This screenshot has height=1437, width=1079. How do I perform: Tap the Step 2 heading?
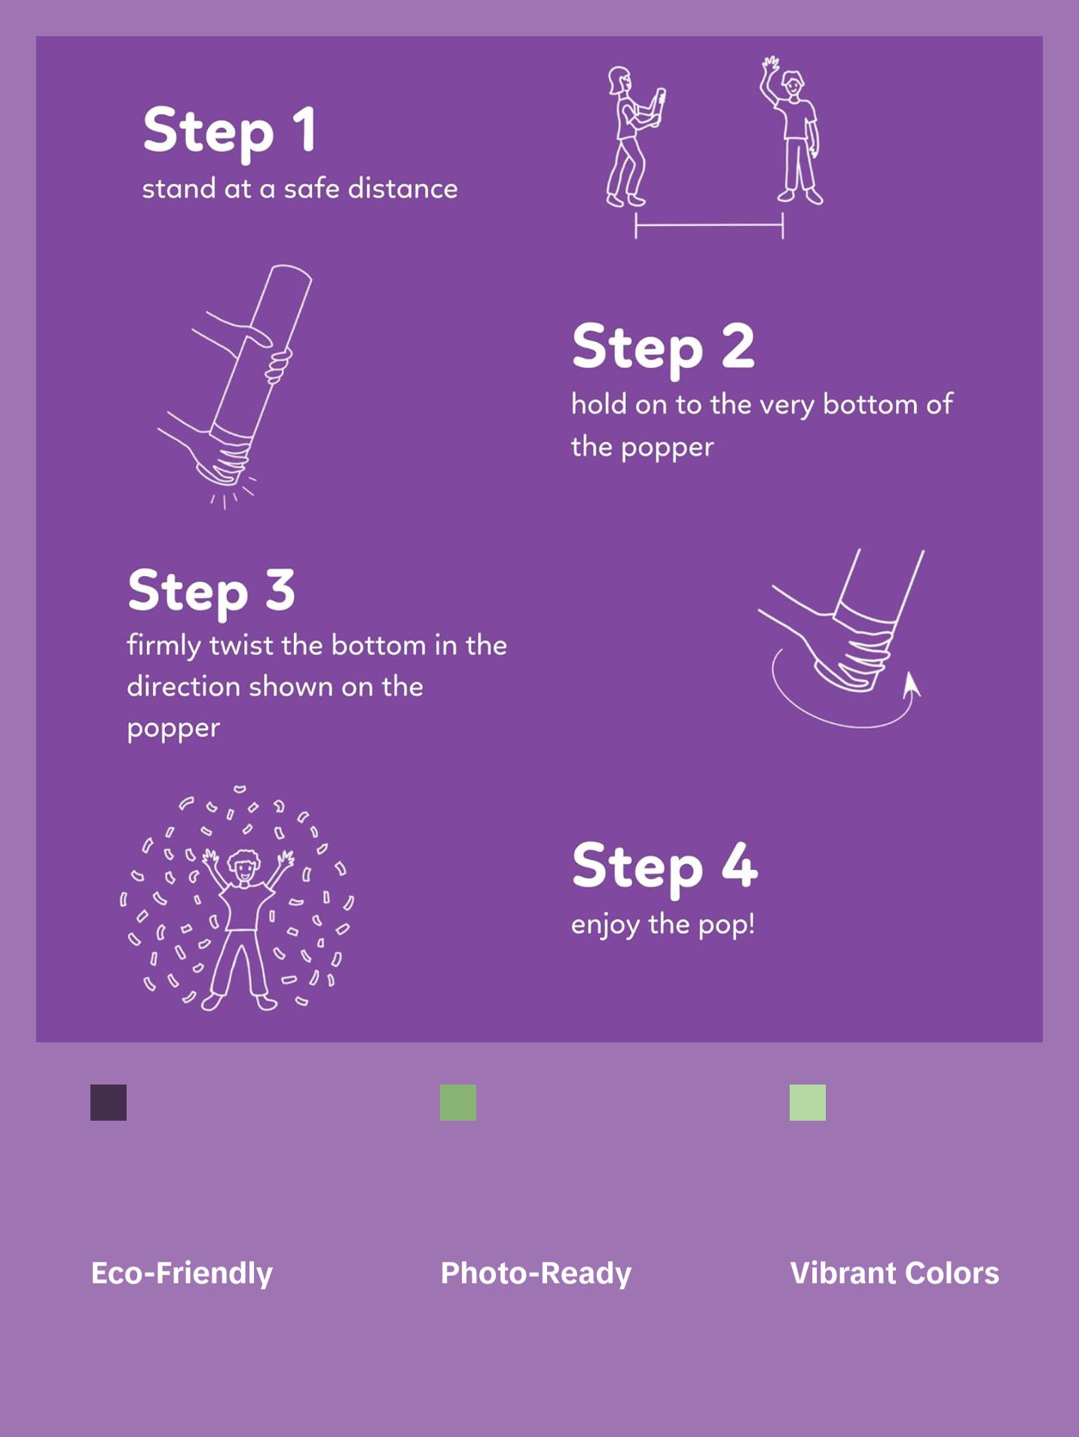point(663,348)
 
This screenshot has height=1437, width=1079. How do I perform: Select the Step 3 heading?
point(211,592)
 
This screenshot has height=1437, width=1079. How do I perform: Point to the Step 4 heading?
point(665,866)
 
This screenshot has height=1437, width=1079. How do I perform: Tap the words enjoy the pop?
point(663,925)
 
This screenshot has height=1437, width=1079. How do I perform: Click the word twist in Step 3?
point(242,645)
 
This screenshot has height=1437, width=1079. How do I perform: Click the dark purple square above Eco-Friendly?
point(109,1103)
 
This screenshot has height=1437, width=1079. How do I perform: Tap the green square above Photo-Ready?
point(458,1103)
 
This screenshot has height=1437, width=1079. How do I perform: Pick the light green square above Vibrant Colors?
point(808,1103)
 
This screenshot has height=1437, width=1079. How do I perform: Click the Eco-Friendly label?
point(182,1273)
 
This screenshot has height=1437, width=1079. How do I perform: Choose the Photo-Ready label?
point(536,1273)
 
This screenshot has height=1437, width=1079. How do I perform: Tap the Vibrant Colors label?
point(894,1273)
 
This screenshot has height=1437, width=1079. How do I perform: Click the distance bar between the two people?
point(709,224)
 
